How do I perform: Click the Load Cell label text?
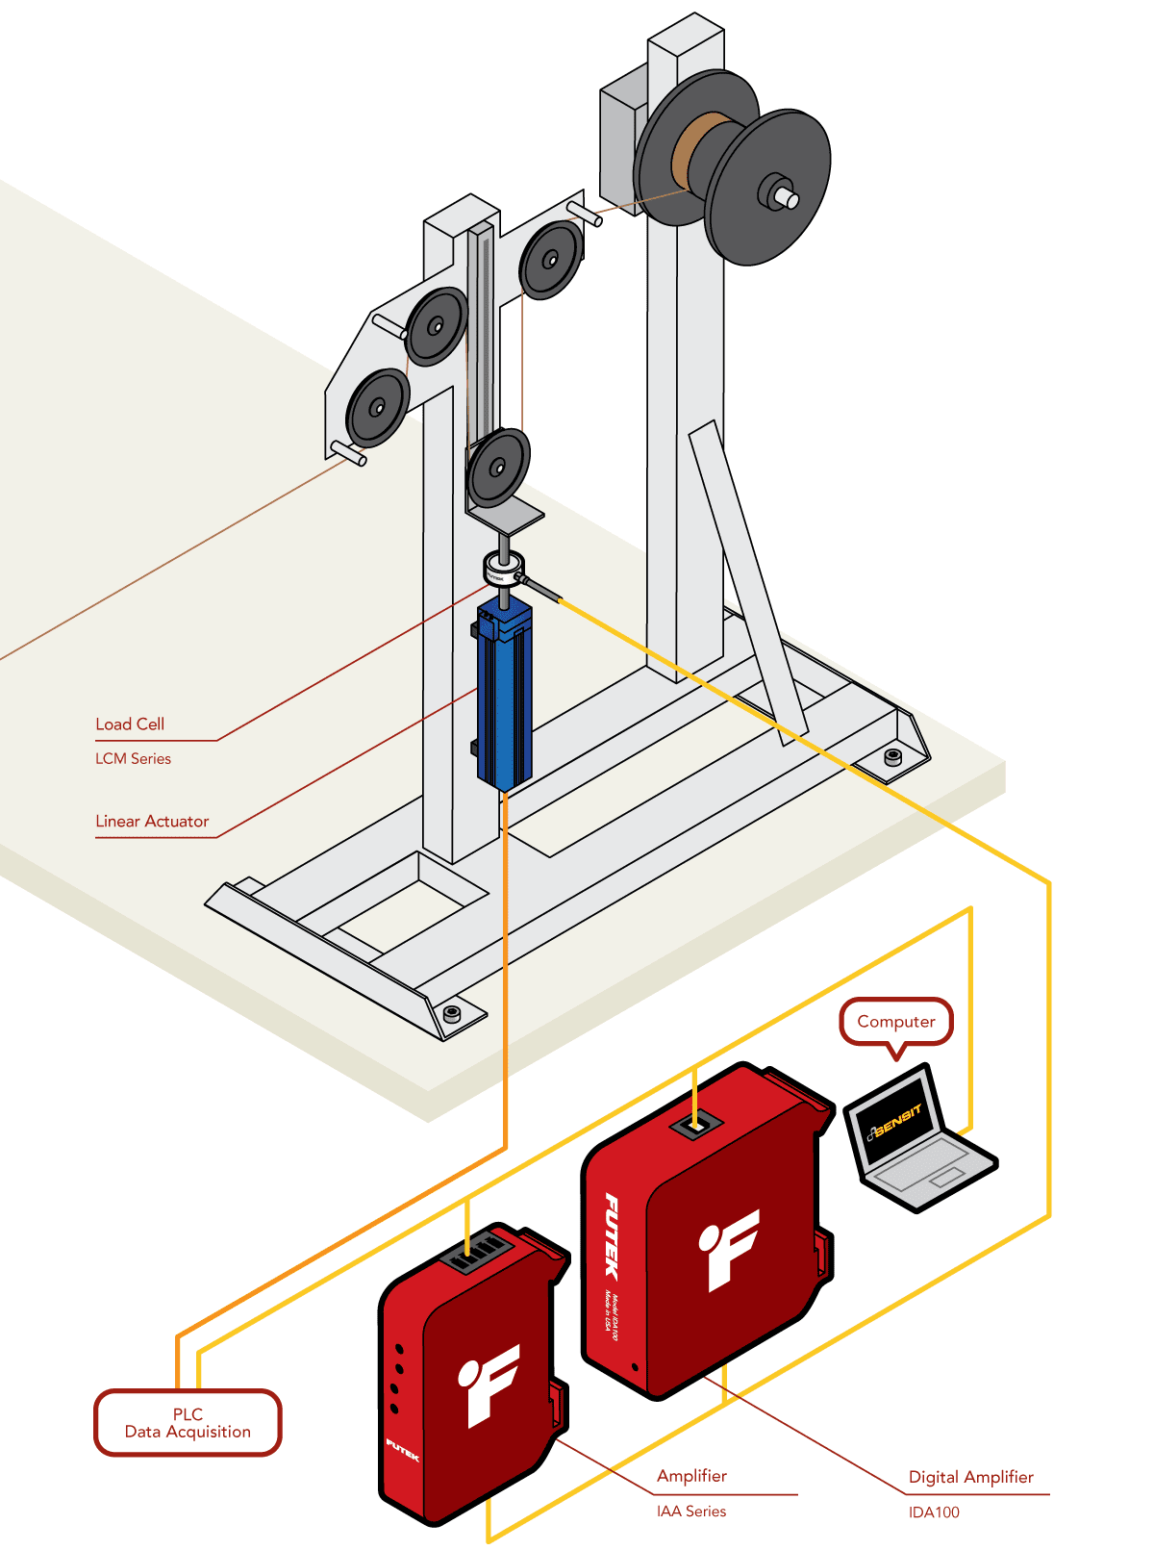(130, 724)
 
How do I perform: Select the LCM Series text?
(133, 759)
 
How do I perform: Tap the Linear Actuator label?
(152, 822)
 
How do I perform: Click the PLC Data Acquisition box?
(188, 1423)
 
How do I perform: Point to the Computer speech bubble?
(896, 1022)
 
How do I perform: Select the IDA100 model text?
(934, 1512)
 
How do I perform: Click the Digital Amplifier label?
(970, 1477)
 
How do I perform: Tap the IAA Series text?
(691, 1512)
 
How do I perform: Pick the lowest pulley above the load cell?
(498, 468)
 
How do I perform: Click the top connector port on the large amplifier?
(697, 1123)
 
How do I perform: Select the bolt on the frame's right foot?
(892, 756)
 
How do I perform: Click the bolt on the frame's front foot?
(451, 1013)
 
